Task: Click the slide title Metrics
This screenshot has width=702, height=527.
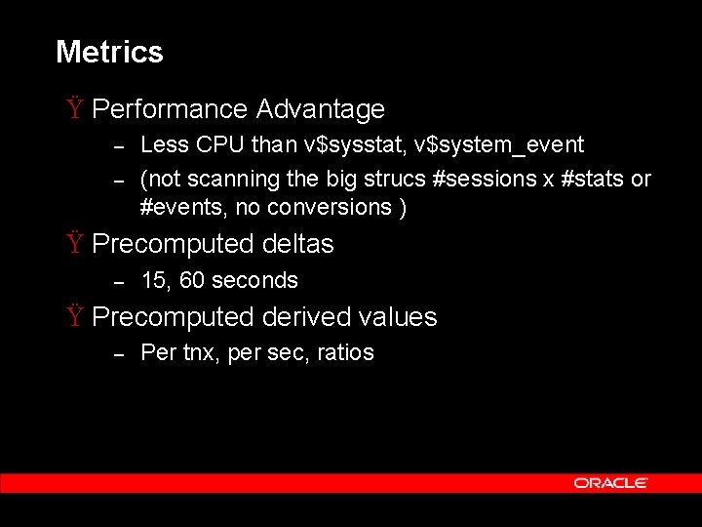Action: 109,52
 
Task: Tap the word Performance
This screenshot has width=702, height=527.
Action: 170,109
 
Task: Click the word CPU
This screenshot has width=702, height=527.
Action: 219,145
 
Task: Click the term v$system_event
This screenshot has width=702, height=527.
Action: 498,145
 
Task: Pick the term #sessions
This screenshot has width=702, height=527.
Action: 477,180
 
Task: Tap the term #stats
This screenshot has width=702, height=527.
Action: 594,180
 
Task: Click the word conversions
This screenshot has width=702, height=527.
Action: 331,207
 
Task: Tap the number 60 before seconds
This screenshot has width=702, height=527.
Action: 192,280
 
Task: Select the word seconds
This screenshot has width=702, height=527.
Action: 254,280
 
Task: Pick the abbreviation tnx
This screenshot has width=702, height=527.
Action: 201,352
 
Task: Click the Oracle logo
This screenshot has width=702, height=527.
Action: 610,483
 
